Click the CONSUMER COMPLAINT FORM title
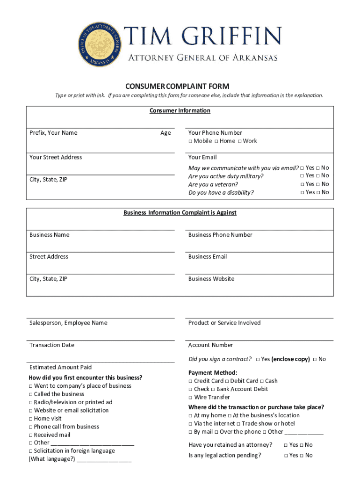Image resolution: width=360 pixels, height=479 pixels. click(x=177, y=86)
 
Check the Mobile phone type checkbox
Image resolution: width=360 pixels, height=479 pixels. click(x=190, y=141)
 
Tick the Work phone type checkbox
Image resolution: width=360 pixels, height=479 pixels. click(x=239, y=141)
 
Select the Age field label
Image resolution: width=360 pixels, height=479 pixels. click(x=166, y=133)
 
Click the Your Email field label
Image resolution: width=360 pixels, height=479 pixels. click(x=202, y=157)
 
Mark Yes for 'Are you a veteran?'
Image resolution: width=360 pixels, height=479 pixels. click(x=302, y=184)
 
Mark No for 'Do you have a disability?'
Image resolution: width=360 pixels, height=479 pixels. click(x=318, y=193)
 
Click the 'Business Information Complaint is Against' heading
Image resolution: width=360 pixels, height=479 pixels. click(x=180, y=213)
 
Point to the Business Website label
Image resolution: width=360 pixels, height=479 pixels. click(x=211, y=279)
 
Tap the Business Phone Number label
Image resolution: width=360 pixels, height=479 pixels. click(x=220, y=235)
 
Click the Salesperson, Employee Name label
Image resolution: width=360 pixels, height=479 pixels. click(x=68, y=323)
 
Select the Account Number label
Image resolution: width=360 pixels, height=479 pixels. click(x=210, y=345)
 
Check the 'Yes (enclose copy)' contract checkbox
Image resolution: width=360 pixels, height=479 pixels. click(x=258, y=360)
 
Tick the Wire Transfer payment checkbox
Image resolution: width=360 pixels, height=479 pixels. click(x=191, y=398)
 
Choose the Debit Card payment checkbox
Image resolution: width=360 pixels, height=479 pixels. click(x=227, y=381)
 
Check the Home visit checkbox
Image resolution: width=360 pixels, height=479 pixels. click(x=31, y=419)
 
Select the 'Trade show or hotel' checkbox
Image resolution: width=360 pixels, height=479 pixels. click(x=238, y=424)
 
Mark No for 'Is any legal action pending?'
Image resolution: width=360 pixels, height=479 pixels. click(x=302, y=456)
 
